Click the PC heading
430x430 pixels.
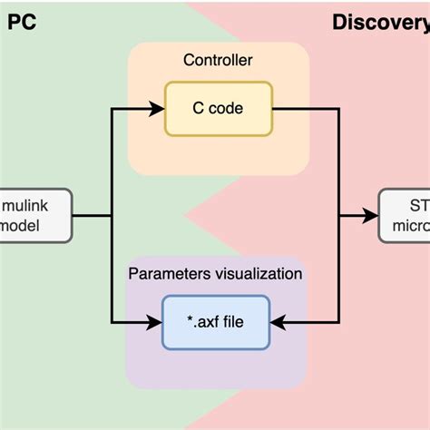click(22, 21)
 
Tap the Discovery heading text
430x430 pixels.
click(380, 21)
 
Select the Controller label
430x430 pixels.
click(218, 61)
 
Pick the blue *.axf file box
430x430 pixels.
click(215, 322)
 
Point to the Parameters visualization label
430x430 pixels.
click(216, 273)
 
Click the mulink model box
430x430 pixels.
click(35, 216)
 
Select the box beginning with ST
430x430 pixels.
click(405, 216)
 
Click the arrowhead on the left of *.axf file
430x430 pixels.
click(155, 322)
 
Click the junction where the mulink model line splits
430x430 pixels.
click(111, 216)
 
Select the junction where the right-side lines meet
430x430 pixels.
click(339, 216)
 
